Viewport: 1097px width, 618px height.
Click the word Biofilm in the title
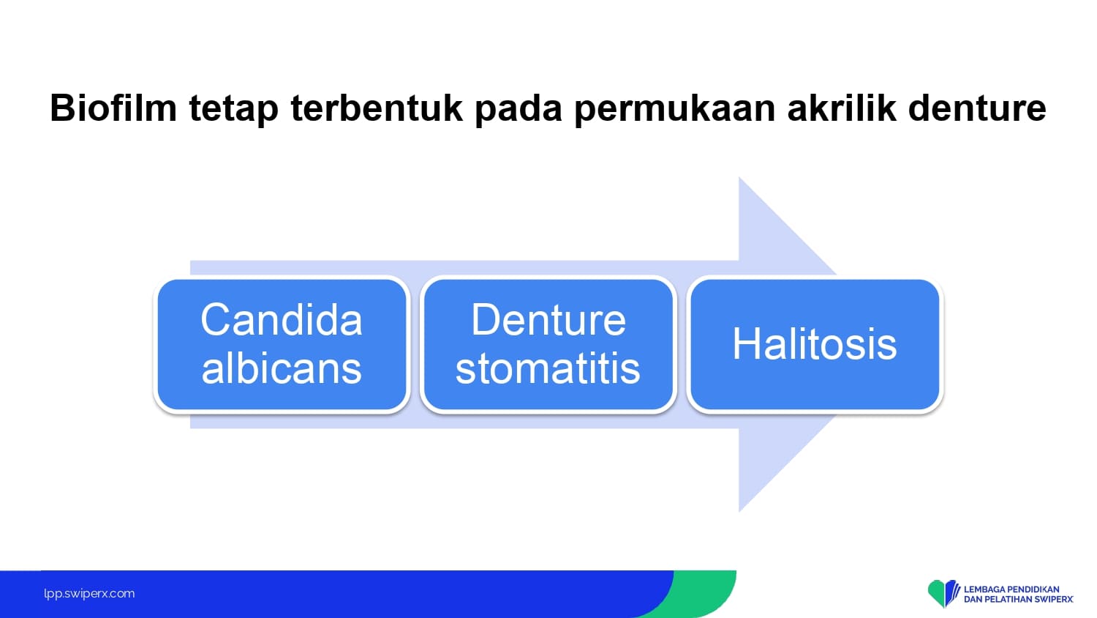pos(113,108)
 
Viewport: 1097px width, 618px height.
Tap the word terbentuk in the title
pos(377,108)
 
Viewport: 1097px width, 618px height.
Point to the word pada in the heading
pos(518,109)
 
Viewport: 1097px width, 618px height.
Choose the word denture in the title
pos(977,108)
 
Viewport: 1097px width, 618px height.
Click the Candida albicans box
pos(282,344)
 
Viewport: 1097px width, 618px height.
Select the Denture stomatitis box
pos(548,344)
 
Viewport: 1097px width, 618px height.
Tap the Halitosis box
pos(815,344)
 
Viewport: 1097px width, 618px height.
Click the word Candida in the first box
pos(282,320)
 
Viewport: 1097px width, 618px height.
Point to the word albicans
pos(282,368)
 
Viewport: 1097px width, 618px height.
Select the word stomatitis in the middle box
pos(548,368)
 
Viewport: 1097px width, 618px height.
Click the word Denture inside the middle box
pos(548,320)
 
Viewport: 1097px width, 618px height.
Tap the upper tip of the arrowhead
pos(739,177)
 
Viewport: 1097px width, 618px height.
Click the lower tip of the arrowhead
pos(739,512)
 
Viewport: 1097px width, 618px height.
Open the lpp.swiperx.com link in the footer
pos(89,594)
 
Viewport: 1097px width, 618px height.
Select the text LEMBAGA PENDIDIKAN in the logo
pos(1011,589)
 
